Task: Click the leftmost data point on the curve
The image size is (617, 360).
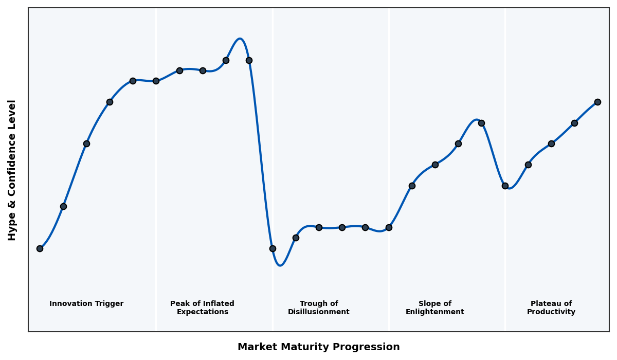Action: coord(40,248)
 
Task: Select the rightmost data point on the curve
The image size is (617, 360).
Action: coord(597,102)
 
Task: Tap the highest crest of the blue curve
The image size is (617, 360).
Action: coord(240,39)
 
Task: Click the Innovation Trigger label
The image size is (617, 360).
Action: coord(86,304)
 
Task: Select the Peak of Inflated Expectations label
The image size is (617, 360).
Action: coord(202,308)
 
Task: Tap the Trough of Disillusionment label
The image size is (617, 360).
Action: coord(319,308)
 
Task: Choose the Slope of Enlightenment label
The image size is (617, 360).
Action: coord(435,308)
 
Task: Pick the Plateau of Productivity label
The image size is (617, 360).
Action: coord(551,308)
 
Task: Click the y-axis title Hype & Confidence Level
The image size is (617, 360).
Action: coord(12,170)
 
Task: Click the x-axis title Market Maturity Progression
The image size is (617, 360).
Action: coord(319,347)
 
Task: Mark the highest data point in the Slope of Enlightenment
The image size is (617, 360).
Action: coord(481,123)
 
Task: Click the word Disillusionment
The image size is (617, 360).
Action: coord(319,312)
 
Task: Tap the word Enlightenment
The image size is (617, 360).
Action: coord(435,312)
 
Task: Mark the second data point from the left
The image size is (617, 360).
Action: coord(63,206)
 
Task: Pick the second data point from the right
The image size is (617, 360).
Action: coord(574,123)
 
